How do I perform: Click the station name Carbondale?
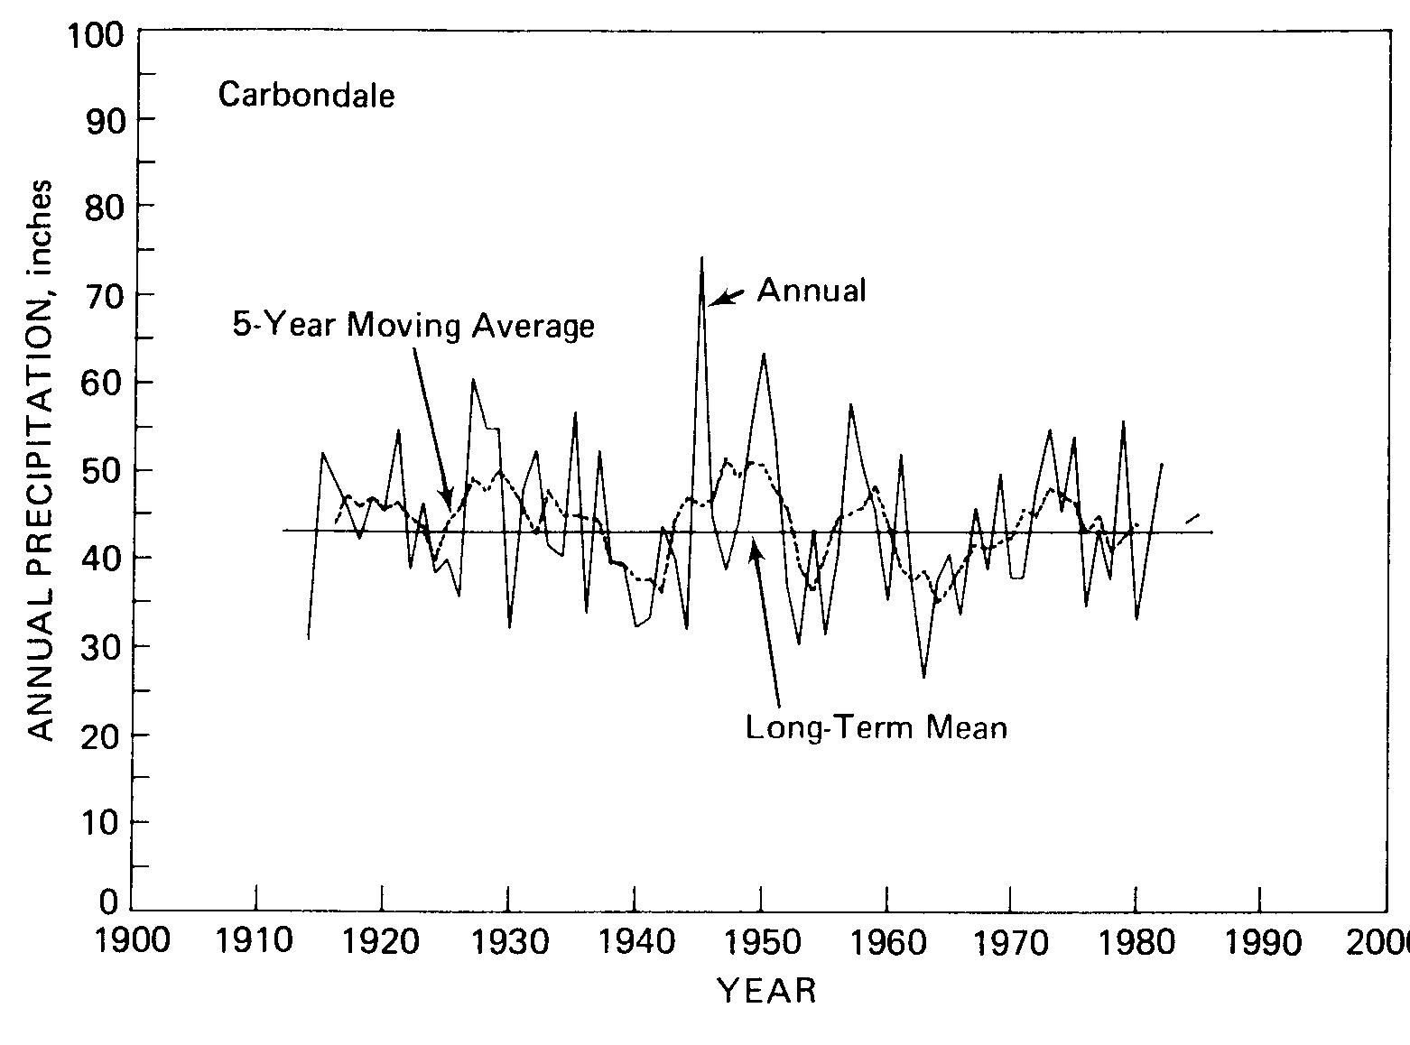(306, 95)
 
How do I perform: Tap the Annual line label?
(811, 290)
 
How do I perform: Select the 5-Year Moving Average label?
(413, 325)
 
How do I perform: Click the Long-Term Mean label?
(875, 726)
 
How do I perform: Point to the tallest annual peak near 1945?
(701, 259)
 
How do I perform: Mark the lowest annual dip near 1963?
(923, 676)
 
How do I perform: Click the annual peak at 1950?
(764, 355)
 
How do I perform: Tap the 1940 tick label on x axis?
(635, 942)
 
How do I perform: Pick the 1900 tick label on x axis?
(132, 942)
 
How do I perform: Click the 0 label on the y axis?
(109, 902)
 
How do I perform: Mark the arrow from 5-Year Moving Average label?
(431, 424)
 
